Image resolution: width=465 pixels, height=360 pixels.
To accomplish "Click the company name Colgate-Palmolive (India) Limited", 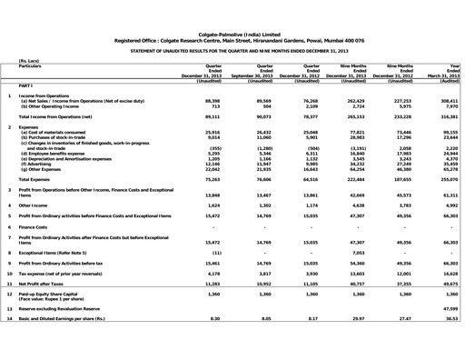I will (x=232, y=31).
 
